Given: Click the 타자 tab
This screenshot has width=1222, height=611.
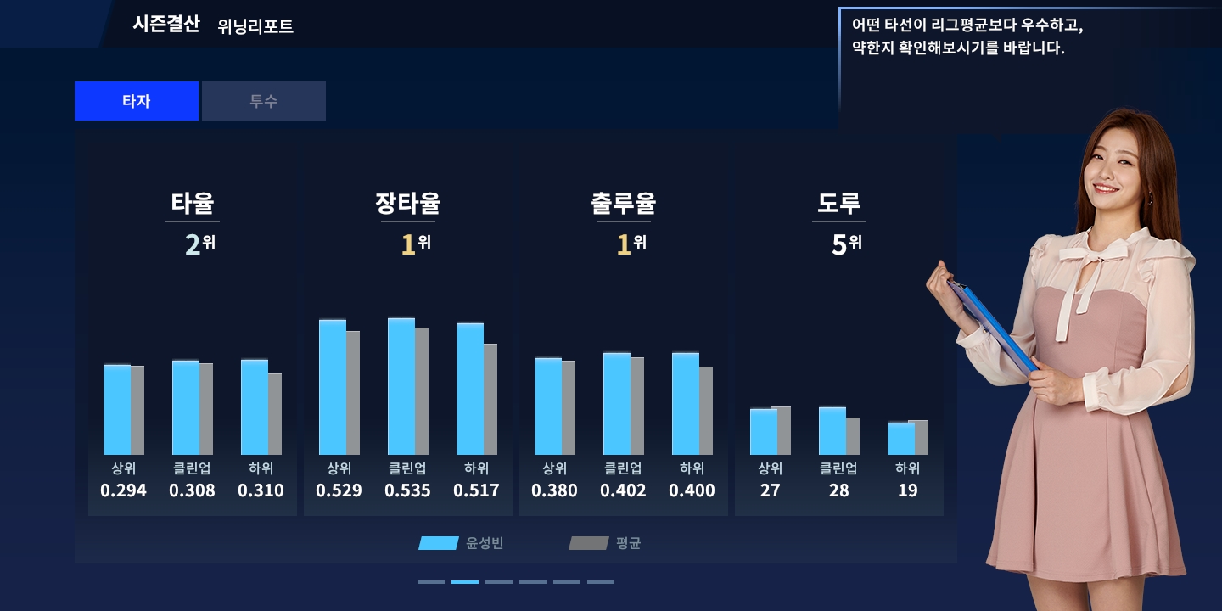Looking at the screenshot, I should pyautogui.click(x=136, y=101).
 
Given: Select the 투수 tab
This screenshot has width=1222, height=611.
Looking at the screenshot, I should pyautogui.click(x=263, y=101).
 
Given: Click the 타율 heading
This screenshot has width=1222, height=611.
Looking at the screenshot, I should pyautogui.click(x=193, y=204).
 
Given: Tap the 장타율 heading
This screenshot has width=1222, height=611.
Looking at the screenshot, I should pyautogui.click(x=408, y=204).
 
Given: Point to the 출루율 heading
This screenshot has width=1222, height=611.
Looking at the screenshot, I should pyautogui.click(x=624, y=204).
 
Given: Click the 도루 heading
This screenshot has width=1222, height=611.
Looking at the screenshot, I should pyautogui.click(x=839, y=204).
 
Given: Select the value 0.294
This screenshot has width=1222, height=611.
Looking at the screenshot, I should pyautogui.click(x=123, y=490).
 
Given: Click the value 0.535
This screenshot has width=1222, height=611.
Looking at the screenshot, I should pyautogui.click(x=407, y=490).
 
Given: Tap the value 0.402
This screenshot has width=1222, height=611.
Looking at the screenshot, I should pyautogui.click(x=623, y=490).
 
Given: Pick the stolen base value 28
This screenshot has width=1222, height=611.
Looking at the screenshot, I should pyautogui.click(x=838, y=490).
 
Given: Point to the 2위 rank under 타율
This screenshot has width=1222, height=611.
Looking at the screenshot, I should pyautogui.click(x=199, y=244).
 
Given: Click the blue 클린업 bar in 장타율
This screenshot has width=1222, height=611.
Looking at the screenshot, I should pyautogui.click(x=401, y=386).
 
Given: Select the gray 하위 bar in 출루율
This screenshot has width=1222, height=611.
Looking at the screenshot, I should pyautogui.click(x=706, y=411).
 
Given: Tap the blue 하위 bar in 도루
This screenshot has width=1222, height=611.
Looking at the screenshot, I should pyautogui.click(x=900, y=439).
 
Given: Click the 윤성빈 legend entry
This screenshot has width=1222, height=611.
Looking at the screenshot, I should pyautogui.click(x=462, y=543).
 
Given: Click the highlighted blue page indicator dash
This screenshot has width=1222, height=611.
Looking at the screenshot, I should pyautogui.click(x=465, y=582).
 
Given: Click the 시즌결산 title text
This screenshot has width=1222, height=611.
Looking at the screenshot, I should pyautogui.click(x=166, y=24).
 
